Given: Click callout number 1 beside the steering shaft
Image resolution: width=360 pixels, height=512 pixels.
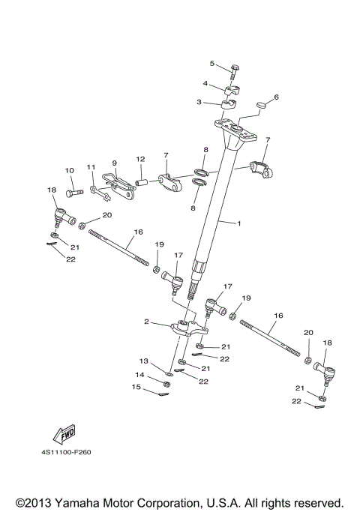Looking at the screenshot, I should [239, 223].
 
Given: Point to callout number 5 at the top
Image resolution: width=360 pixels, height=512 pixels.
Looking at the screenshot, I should [212, 63].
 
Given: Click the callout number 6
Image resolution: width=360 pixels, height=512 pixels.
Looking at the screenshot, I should [276, 97].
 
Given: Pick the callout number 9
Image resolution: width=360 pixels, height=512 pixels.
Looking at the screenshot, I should [115, 163].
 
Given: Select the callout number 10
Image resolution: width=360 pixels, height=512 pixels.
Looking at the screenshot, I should [69, 170].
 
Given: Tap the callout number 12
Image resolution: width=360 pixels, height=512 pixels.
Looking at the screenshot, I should [139, 159].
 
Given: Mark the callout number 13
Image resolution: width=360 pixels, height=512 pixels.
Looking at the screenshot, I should [146, 361].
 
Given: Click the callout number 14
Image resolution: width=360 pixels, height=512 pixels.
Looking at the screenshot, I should [139, 374].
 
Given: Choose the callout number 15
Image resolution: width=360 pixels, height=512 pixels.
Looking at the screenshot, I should [136, 388].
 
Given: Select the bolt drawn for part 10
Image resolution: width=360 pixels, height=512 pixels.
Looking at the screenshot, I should [71, 193].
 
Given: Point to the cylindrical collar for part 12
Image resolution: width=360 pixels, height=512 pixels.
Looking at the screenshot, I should [140, 181].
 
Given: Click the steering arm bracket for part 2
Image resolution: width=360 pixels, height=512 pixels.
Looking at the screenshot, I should [187, 328].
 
